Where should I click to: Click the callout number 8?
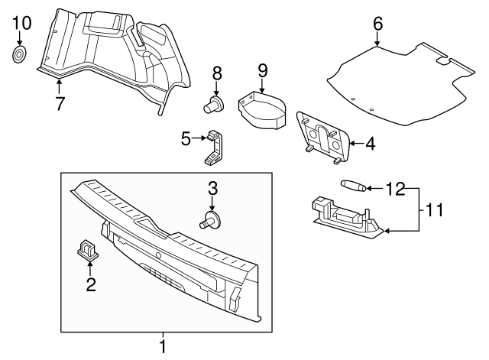point(217,73)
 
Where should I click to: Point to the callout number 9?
point(262,70)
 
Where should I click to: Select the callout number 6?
point(377,24)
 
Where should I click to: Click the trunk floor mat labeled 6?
point(397,84)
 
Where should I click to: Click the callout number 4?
point(371,142)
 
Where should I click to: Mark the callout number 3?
point(213,187)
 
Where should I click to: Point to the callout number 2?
point(90,286)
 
